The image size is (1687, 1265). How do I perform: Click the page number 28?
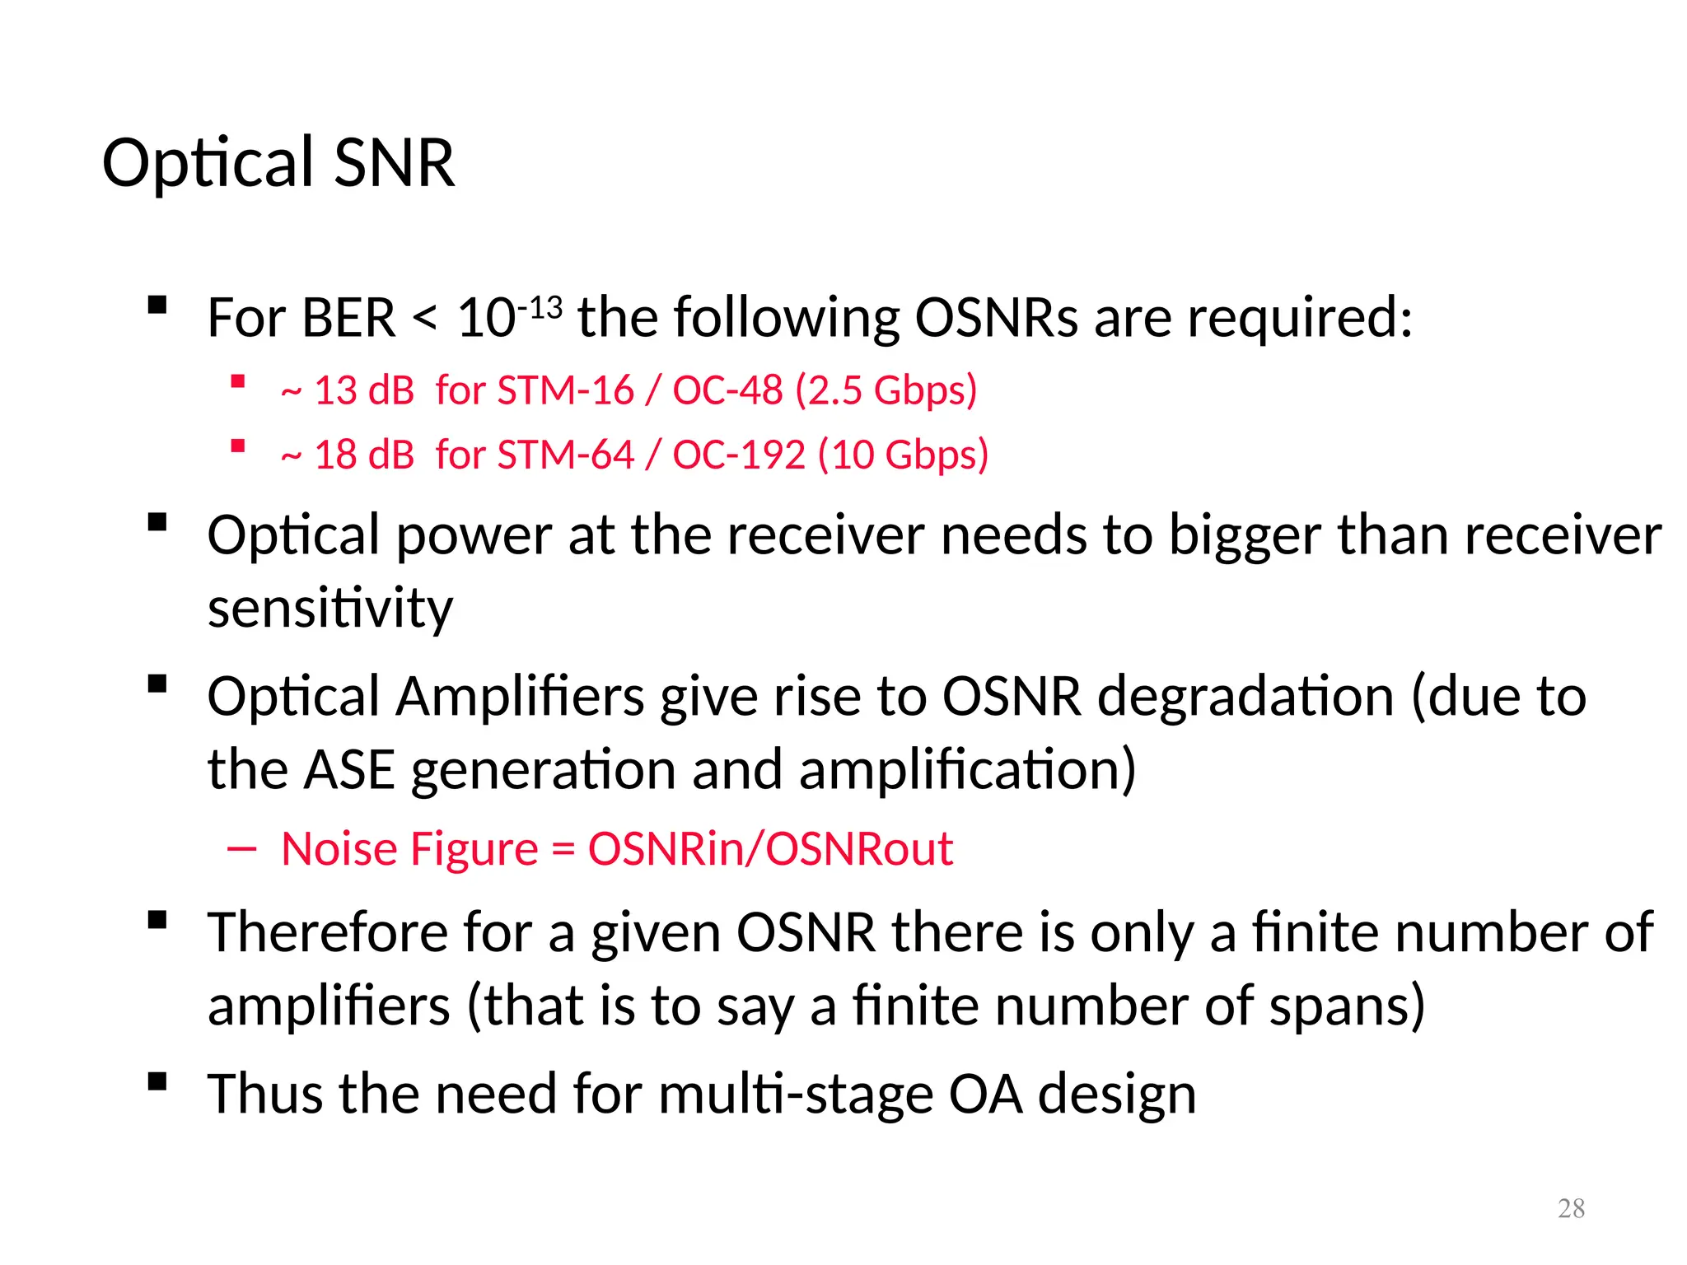pos(1571,1208)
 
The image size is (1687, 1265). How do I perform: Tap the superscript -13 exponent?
pos(540,308)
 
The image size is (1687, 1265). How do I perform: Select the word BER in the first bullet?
pos(348,318)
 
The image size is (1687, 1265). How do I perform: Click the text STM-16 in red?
pos(566,390)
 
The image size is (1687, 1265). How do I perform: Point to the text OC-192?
pos(738,455)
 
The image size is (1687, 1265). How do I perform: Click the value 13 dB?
pos(363,390)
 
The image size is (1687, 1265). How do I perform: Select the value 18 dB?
pos(363,455)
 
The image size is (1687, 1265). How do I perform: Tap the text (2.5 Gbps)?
pos(886,390)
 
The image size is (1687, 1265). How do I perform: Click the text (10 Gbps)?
pos(903,455)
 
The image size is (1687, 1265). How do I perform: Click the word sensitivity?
pos(329,608)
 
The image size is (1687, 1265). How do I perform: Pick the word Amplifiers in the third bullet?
pos(521,697)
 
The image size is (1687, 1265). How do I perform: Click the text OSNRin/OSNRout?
pos(770,848)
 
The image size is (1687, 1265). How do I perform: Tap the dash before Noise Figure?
pos(242,848)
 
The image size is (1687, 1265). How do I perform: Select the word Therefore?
pos(327,932)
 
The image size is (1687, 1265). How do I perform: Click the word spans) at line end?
pos(1346,1006)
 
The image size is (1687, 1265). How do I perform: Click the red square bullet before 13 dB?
pos(238,381)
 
